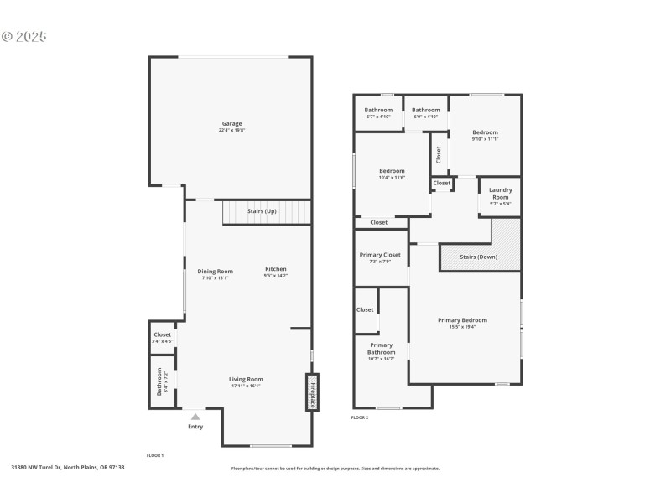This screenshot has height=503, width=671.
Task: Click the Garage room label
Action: (x=231, y=124)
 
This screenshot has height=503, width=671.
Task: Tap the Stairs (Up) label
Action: (x=262, y=211)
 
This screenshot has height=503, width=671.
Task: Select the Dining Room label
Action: (x=215, y=272)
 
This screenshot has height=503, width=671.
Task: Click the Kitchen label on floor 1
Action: (x=276, y=270)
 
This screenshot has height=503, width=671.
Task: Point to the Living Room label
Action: (x=246, y=380)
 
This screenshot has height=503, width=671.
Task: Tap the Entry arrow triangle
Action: (x=195, y=416)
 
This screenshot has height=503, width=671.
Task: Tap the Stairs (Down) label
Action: (x=480, y=257)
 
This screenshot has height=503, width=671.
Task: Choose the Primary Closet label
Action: (x=380, y=255)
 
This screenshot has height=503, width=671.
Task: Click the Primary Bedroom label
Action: (x=462, y=320)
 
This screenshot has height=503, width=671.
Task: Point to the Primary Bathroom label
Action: (x=381, y=349)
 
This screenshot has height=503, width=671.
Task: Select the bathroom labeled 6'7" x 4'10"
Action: (x=378, y=111)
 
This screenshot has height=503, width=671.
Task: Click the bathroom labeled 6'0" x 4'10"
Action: (x=425, y=111)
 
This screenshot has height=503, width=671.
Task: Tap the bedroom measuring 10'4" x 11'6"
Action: (x=392, y=172)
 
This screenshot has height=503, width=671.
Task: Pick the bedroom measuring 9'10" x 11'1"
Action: (x=485, y=133)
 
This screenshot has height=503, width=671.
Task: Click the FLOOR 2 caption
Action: (x=359, y=417)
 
